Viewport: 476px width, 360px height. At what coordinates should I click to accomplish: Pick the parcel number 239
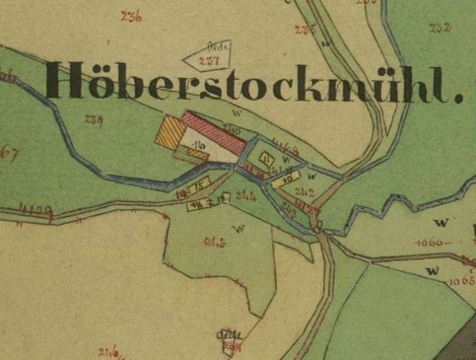click(93, 119)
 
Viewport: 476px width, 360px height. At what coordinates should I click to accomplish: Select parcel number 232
click(439, 28)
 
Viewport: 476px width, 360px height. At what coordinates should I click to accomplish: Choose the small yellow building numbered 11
click(267, 160)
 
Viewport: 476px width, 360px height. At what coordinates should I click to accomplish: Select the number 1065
click(460, 280)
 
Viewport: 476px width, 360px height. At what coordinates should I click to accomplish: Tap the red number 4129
click(36, 211)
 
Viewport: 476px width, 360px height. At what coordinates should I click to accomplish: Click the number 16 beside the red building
click(198, 147)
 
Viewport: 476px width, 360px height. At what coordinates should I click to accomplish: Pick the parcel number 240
click(232, 129)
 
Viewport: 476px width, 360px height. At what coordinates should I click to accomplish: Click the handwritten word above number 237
click(219, 46)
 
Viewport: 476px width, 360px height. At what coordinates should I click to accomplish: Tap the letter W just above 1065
click(432, 270)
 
